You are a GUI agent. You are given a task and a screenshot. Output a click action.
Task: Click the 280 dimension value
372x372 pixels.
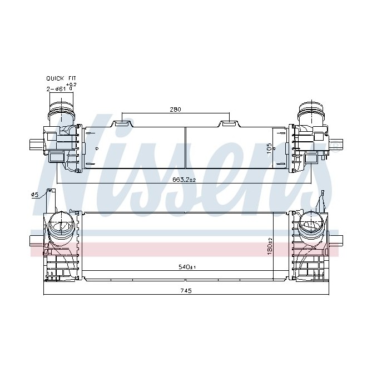(x=175, y=110)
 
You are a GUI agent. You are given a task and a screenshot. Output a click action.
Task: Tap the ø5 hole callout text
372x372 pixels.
(x=34, y=195)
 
